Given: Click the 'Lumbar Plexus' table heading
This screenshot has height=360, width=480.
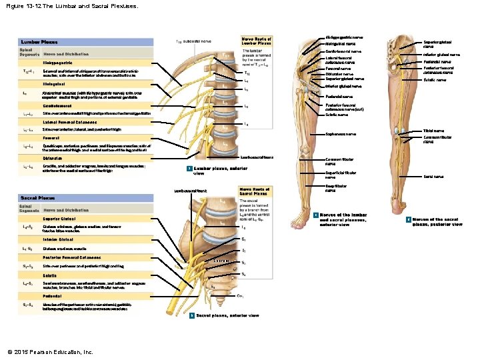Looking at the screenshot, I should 39,42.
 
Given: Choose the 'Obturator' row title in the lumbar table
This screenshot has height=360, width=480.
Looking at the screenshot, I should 53,159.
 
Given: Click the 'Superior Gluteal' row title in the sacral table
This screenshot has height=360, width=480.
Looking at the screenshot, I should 59,219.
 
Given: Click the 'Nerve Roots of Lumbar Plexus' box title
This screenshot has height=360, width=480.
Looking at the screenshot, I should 256,41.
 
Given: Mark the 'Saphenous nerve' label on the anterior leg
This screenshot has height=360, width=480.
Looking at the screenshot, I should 341,134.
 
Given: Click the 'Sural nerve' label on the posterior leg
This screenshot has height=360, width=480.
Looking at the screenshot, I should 433,177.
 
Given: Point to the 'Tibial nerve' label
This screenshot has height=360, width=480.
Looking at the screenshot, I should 433,131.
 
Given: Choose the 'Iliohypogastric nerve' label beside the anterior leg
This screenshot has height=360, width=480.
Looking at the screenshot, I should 344,37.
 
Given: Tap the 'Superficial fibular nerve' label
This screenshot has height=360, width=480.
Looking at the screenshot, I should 340,175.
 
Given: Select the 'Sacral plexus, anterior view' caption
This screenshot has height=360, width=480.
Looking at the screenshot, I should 227,315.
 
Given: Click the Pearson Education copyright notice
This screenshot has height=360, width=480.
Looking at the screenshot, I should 50,351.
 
